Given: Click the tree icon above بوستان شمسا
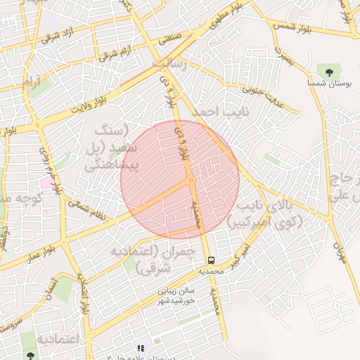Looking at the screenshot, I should click(x=327, y=70).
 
